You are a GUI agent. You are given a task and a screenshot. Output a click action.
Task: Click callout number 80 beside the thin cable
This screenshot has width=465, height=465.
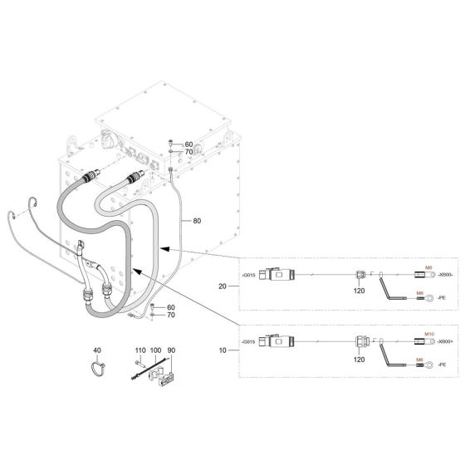point(197,221)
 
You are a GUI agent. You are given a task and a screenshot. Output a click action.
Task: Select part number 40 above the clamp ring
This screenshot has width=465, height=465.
point(96,351)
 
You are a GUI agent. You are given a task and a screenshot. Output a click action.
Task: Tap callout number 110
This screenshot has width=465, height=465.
point(140,351)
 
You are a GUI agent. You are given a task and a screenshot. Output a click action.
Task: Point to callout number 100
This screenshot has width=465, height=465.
point(156,351)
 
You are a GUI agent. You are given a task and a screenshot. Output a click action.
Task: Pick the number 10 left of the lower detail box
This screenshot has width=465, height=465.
point(222,351)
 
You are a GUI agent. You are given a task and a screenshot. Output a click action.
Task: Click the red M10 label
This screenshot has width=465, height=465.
point(429,333)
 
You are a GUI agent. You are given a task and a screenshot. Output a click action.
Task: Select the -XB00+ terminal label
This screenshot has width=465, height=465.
point(444,341)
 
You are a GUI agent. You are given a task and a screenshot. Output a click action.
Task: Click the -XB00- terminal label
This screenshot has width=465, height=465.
point(444,275)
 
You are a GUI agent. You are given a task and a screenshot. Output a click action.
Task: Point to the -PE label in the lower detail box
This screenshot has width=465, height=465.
point(442,364)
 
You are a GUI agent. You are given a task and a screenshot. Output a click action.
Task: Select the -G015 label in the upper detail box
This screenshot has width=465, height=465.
point(247,274)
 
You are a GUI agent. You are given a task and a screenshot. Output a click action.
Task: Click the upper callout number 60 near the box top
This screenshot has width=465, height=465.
point(188,144)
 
